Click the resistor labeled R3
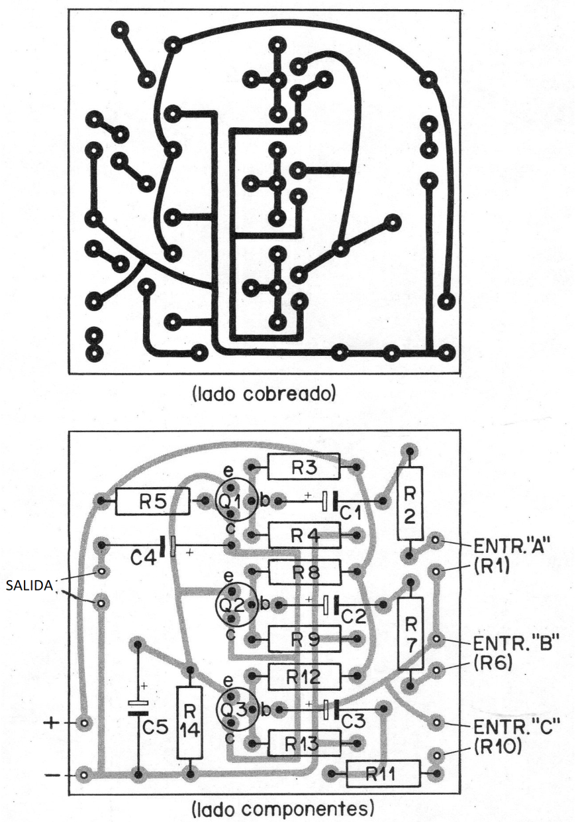click(x=303, y=467)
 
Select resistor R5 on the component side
click(x=152, y=502)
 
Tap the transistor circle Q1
click(x=234, y=501)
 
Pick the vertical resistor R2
click(x=410, y=504)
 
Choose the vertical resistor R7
click(x=410, y=632)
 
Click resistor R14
click(x=190, y=722)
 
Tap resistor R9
click(x=303, y=640)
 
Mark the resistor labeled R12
click(x=303, y=677)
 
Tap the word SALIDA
click(x=30, y=586)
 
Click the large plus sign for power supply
click(x=52, y=723)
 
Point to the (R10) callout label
click(x=499, y=748)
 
